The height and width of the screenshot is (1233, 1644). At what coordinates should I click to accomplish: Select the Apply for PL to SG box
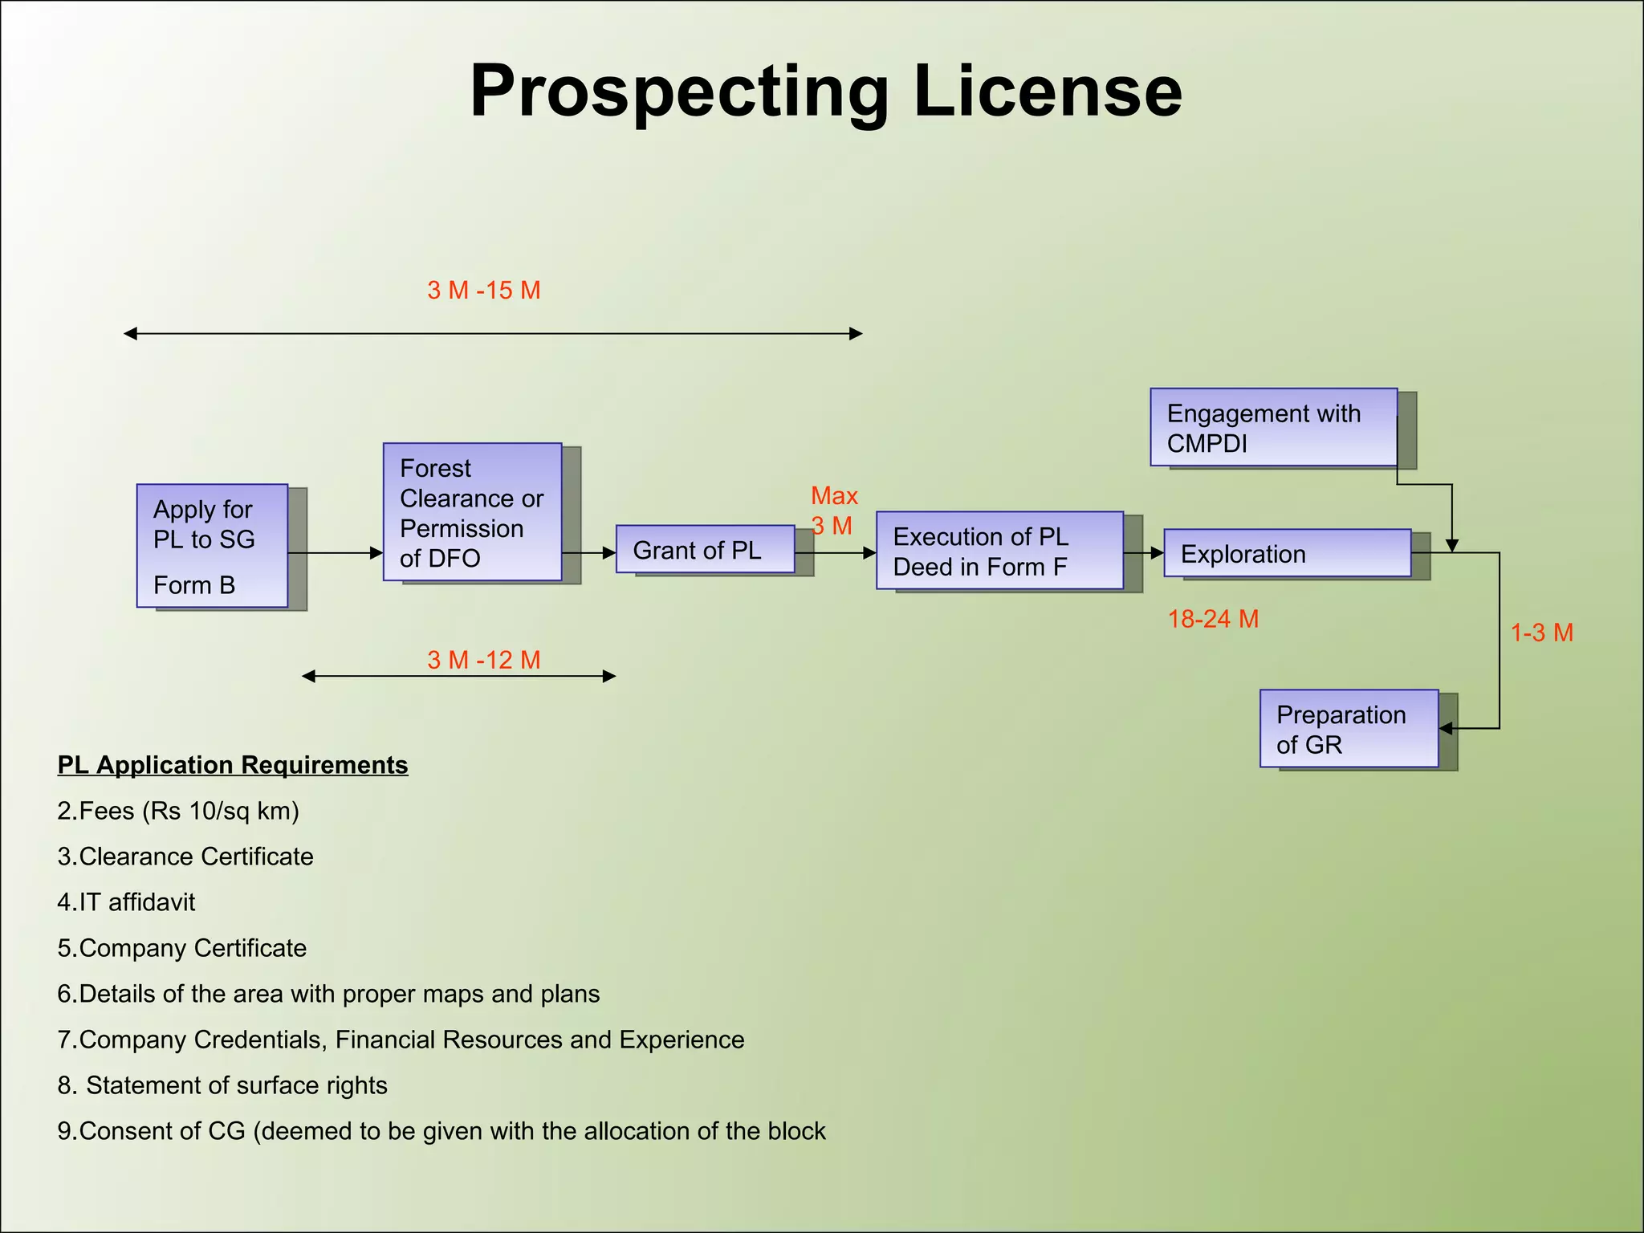212,546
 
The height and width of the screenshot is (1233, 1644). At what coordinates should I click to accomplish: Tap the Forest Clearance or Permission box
472,512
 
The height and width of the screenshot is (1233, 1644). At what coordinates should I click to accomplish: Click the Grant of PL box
705,550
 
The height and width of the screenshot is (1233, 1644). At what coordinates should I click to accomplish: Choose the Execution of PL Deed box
999,551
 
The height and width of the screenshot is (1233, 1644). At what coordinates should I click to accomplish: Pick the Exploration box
1287,553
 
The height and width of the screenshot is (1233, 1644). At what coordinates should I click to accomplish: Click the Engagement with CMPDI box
1273,427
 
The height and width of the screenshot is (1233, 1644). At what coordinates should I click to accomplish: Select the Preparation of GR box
1349,729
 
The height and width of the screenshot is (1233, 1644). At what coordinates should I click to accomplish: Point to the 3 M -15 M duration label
483,291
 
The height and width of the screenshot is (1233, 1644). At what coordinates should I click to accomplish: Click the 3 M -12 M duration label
483,660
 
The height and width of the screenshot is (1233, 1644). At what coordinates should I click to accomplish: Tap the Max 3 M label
833,511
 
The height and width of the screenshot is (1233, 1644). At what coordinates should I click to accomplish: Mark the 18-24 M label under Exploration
1212,619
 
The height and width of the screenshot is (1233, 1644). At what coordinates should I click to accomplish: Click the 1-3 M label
1541,633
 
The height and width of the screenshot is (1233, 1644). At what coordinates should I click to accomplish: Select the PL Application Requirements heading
233,765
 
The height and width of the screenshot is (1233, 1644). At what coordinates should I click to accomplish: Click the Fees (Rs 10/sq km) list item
178,811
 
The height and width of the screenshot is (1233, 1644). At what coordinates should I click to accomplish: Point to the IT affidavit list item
126,902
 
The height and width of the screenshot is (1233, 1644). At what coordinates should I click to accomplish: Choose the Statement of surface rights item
222,1085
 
